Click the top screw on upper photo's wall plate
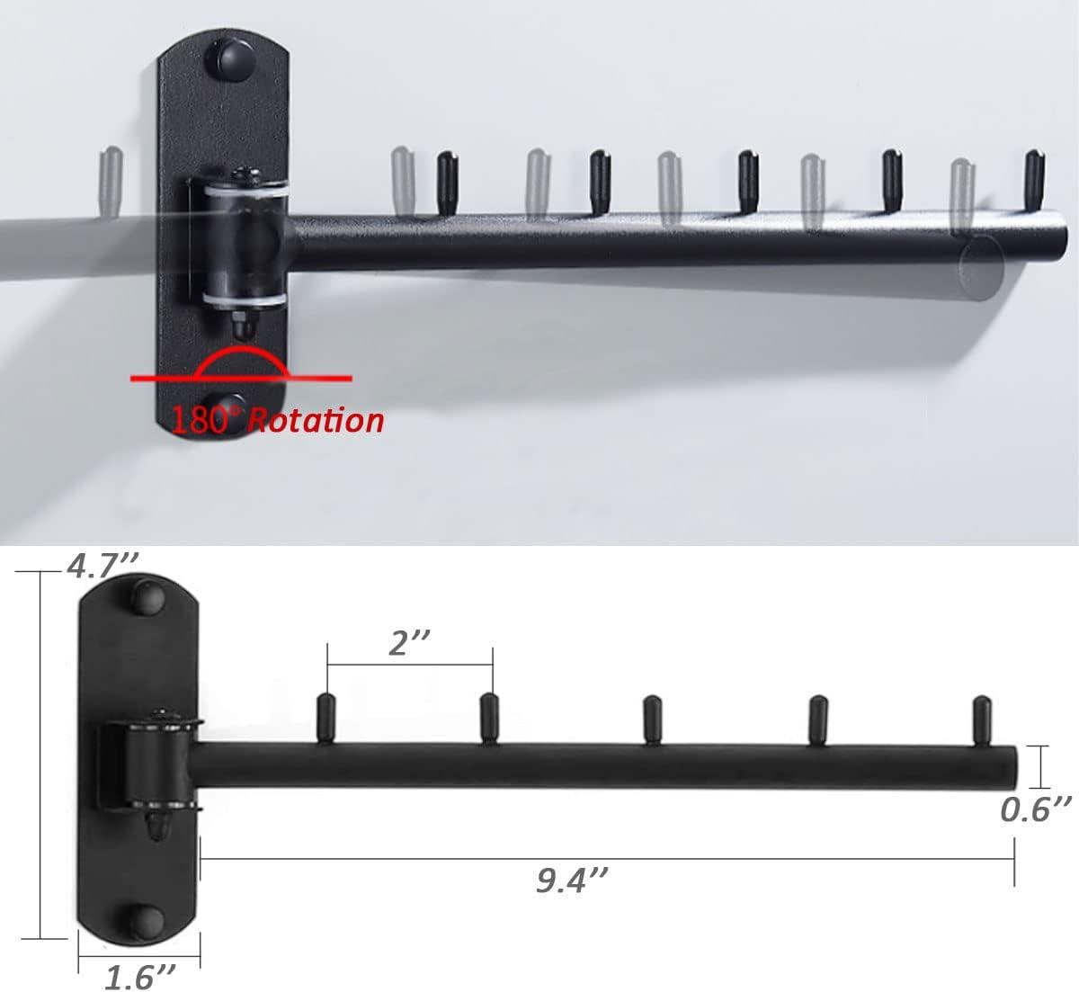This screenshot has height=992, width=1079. click(233, 56)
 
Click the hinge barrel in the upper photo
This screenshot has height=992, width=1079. click(239, 242)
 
